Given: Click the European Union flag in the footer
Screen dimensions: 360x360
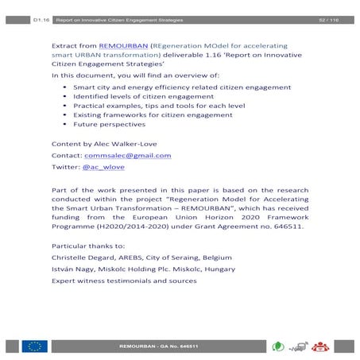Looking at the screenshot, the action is click(x=36, y=346).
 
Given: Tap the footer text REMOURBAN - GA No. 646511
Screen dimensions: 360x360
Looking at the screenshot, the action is click(x=157, y=347).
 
